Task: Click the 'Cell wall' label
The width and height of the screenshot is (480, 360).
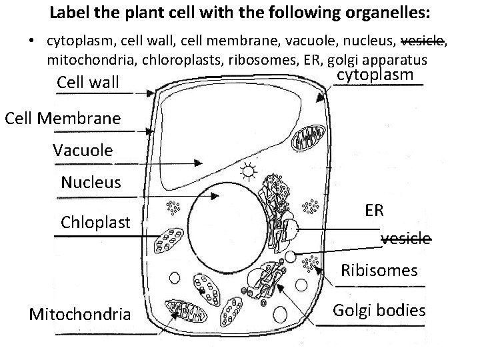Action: [x=88, y=83]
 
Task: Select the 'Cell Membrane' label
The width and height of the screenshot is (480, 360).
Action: [x=63, y=119]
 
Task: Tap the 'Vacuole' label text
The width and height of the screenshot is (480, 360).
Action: [x=83, y=150]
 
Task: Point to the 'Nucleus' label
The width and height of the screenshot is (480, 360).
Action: [x=91, y=182]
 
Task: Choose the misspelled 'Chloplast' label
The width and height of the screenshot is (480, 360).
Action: [x=95, y=222]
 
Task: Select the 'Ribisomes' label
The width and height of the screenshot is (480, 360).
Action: [x=379, y=271]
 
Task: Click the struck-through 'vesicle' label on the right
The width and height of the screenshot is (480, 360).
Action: [x=405, y=239]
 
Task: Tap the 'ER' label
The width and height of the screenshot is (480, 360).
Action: [x=374, y=211]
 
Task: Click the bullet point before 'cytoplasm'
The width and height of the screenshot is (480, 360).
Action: [x=31, y=41]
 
